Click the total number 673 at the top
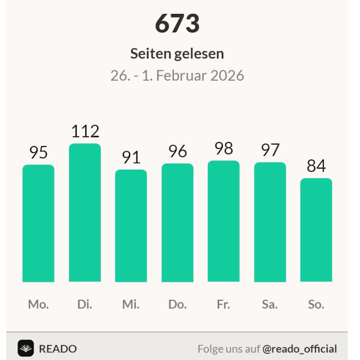click(x=177, y=24)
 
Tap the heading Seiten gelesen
click(x=177, y=53)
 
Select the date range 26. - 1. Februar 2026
click(x=177, y=76)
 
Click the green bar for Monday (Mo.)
click(x=39, y=223)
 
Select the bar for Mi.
click(x=131, y=226)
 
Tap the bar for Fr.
click(x=224, y=221)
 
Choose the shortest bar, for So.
click(x=316, y=230)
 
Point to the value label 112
click(x=85, y=132)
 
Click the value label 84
click(x=316, y=166)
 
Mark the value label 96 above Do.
click(x=177, y=151)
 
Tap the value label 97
click(x=270, y=150)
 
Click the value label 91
click(x=131, y=157)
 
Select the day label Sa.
click(x=270, y=304)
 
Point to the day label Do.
click(x=177, y=304)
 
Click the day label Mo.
click(x=39, y=304)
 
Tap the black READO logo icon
click(x=26, y=348)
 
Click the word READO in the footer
click(x=58, y=349)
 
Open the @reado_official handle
click(x=299, y=349)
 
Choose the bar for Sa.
click(x=270, y=222)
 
